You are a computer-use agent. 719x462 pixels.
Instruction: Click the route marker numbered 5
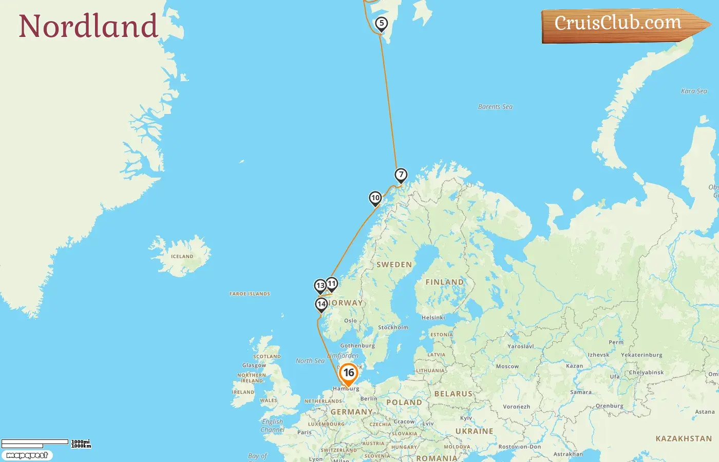click(381, 23)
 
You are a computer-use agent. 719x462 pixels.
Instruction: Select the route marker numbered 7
click(401, 175)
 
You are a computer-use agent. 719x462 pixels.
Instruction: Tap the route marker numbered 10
click(375, 198)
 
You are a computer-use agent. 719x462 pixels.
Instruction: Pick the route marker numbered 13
click(320, 285)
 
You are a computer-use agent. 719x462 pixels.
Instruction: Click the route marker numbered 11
click(332, 283)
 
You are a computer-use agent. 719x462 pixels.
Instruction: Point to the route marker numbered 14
click(321, 304)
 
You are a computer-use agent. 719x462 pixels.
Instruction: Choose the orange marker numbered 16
click(349, 373)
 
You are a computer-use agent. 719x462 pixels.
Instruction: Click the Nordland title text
click(88, 26)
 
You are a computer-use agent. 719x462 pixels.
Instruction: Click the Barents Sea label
click(495, 107)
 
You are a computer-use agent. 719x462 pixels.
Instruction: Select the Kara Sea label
click(694, 91)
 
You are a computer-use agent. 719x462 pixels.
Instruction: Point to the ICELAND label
click(182, 256)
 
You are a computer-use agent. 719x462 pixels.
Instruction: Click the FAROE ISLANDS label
click(250, 294)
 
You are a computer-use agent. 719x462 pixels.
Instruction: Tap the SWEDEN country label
click(394, 265)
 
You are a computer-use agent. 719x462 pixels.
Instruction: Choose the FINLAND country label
click(444, 282)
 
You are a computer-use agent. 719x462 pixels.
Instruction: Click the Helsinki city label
click(433, 317)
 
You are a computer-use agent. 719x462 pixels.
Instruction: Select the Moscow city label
click(507, 367)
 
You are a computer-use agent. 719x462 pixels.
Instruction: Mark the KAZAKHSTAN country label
click(684, 438)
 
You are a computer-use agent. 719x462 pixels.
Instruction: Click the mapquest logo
click(27, 455)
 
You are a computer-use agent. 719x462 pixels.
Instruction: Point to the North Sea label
click(310, 361)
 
